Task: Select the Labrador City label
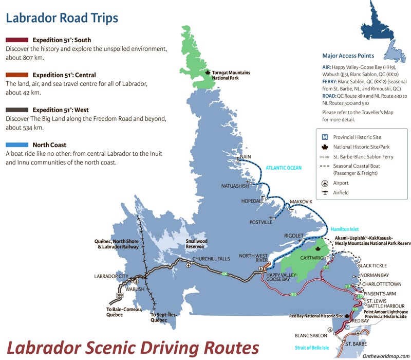click(110, 276)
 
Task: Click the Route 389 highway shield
click(120, 296)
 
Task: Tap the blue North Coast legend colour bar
click(17, 145)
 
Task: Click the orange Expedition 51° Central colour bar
click(17, 75)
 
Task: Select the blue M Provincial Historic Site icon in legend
click(324, 137)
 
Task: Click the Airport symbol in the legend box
click(324, 183)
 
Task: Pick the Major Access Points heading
click(348, 56)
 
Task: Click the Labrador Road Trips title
click(62, 18)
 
